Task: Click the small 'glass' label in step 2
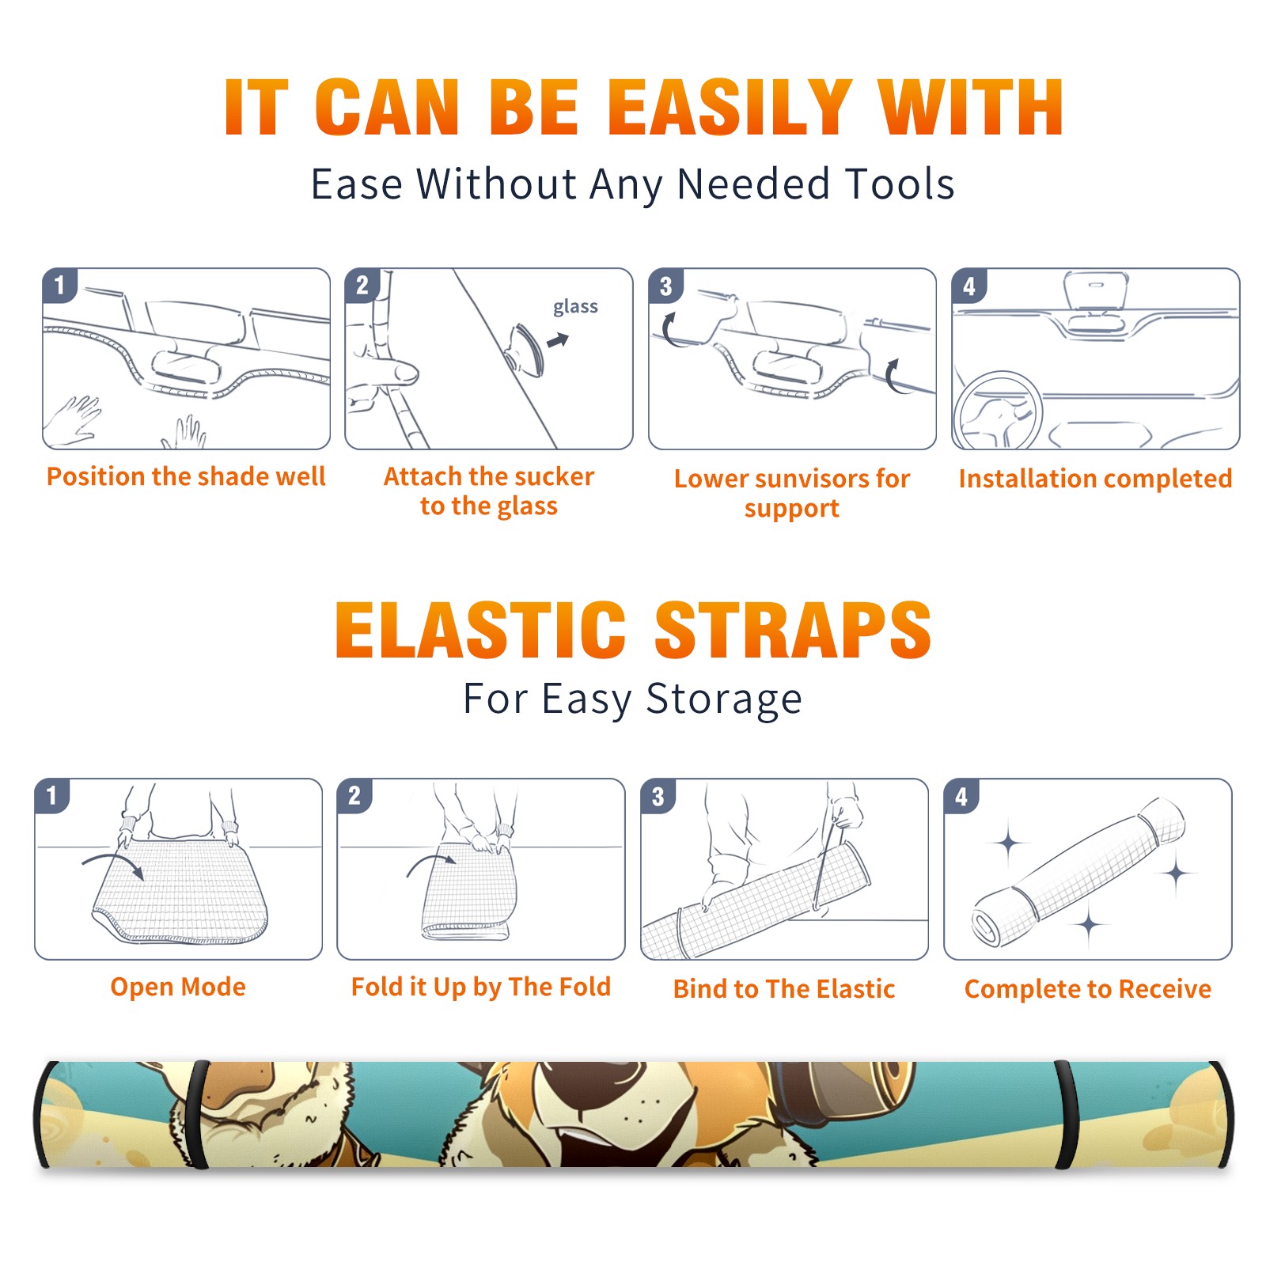tap(575, 306)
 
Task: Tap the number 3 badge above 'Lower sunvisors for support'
tap(665, 286)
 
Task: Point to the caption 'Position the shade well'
tap(186, 476)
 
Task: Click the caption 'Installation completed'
tap(1095, 479)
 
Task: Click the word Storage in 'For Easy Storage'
tap(724, 699)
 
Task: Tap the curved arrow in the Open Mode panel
tap(113, 863)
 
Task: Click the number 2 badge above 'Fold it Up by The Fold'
tap(354, 795)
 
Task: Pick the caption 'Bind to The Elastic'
tap(783, 989)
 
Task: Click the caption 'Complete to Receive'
tap(1087, 989)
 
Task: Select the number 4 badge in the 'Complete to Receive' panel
tap(961, 795)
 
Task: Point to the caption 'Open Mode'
tap(178, 987)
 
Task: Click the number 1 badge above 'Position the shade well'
tap(59, 285)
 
